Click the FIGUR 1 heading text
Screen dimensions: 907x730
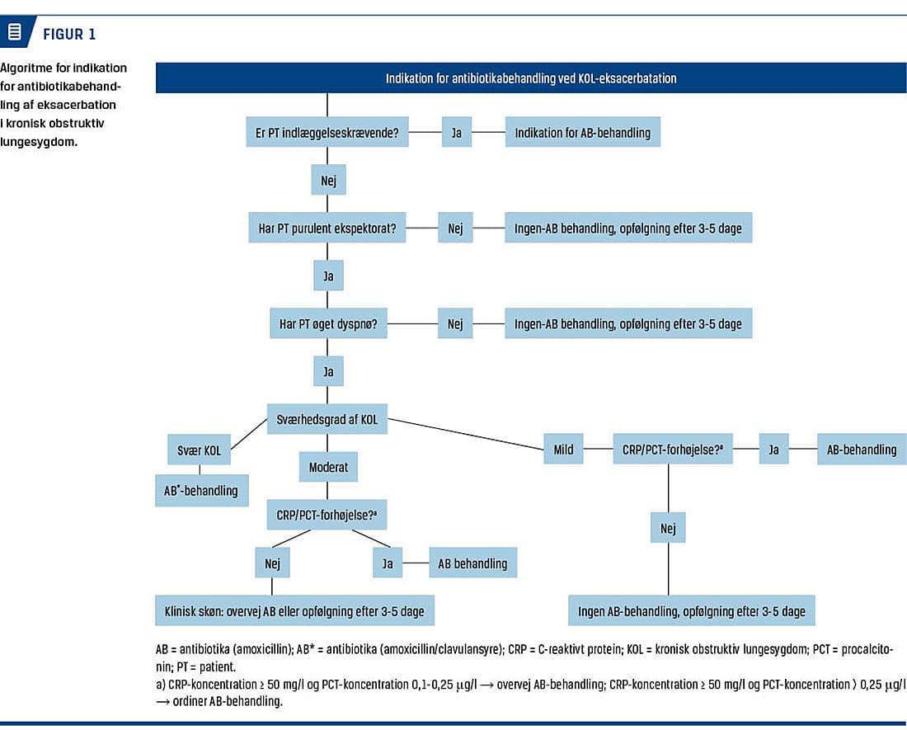(68, 35)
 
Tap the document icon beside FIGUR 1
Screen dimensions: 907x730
(15, 31)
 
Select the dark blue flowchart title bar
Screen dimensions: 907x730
(530, 78)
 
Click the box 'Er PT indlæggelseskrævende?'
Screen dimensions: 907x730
(327, 132)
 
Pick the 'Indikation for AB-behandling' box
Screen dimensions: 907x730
(582, 132)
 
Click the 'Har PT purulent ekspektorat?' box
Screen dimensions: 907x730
(327, 228)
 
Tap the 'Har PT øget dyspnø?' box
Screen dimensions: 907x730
(328, 323)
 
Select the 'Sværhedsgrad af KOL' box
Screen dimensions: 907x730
(327, 419)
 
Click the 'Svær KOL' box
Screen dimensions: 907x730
(199, 450)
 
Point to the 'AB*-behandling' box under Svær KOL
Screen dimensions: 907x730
(201, 491)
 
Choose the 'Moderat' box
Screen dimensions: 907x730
(328, 467)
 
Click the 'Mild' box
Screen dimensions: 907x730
(563, 449)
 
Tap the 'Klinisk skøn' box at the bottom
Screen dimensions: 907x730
(294, 611)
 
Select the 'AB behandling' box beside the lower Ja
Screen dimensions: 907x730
(472, 563)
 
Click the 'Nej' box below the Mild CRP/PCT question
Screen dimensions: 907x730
(668, 528)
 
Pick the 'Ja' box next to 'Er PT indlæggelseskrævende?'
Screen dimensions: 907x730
(457, 132)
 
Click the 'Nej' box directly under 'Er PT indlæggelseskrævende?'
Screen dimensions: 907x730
(328, 180)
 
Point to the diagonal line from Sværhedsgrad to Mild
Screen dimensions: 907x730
(466, 434)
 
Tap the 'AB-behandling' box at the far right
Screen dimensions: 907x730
(862, 449)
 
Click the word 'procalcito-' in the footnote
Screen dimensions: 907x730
(867, 649)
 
